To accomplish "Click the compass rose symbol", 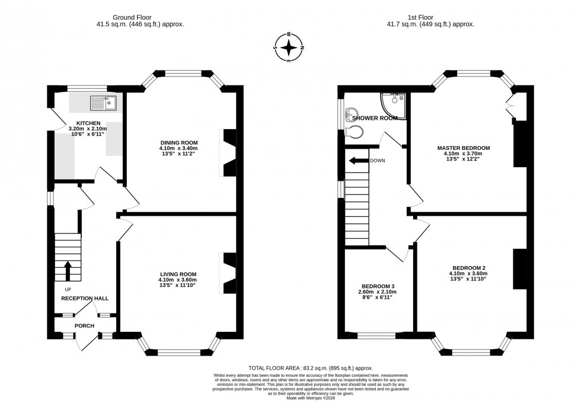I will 289,47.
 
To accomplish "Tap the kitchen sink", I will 104,103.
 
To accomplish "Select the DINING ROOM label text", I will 178,142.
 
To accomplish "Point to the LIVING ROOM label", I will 177,274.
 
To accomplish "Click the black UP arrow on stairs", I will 68,270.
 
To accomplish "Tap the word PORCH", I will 84,325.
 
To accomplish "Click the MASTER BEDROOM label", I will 464,148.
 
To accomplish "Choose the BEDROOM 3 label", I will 376,286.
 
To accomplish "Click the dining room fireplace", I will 229,152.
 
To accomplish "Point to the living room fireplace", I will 229,273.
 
